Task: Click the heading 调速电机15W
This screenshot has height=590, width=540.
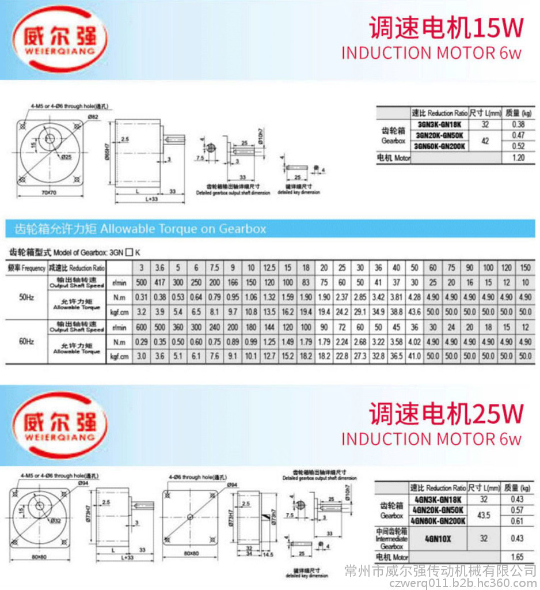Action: click(x=446, y=27)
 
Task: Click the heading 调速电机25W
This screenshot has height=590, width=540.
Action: click(x=446, y=413)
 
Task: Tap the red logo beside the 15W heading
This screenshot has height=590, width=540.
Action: click(x=60, y=39)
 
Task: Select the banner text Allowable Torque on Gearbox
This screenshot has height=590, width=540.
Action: click(x=183, y=229)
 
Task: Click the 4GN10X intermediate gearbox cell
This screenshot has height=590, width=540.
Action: click(x=439, y=539)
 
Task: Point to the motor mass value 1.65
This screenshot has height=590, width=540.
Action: click(x=518, y=557)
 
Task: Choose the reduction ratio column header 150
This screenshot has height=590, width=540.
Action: click(x=525, y=268)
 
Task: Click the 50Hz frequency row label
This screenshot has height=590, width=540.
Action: click(x=26, y=298)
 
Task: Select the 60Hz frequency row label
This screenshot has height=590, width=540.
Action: click(x=26, y=341)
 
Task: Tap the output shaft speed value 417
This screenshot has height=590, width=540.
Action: click(x=159, y=283)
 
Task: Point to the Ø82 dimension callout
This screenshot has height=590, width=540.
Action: click(x=92, y=117)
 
